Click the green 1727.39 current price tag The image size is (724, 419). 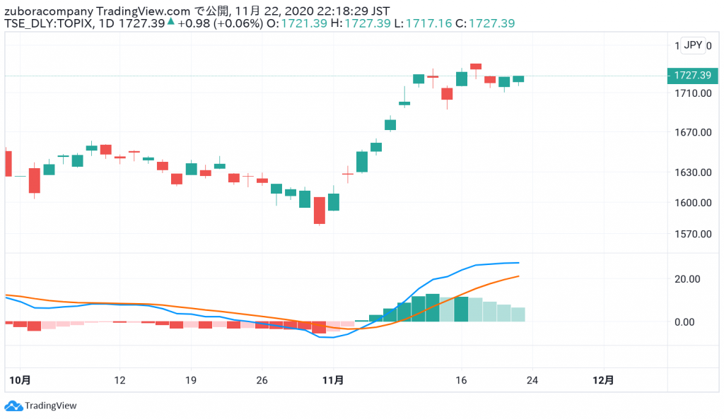point(692,75)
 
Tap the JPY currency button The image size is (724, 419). point(694,45)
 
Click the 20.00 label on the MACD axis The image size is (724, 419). point(685,279)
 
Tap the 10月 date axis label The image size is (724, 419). point(21,380)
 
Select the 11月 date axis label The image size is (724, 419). point(333,380)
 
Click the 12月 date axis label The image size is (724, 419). point(602,380)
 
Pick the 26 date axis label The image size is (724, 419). point(262,380)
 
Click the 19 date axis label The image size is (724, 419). point(190,380)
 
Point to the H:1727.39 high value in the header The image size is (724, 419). point(361,23)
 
